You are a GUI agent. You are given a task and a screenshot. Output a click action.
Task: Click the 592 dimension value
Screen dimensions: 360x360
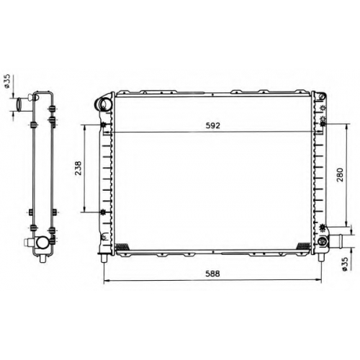tap(213, 125)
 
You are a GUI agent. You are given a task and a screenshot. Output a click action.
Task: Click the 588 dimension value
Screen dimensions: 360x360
tap(212, 274)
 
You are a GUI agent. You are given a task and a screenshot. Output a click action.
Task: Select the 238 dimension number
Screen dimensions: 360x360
tap(78, 168)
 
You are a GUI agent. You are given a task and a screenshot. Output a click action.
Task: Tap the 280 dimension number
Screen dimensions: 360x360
tap(340, 175)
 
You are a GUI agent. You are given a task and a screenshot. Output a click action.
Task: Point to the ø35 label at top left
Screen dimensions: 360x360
tap(7, 81)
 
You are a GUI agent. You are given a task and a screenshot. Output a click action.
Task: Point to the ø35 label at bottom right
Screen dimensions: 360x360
tap(344, 264)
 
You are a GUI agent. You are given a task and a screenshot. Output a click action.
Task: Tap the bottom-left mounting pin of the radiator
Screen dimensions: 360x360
tap(104, 258)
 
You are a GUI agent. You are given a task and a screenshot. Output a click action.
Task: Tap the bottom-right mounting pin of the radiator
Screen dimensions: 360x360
tap(321, 258)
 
